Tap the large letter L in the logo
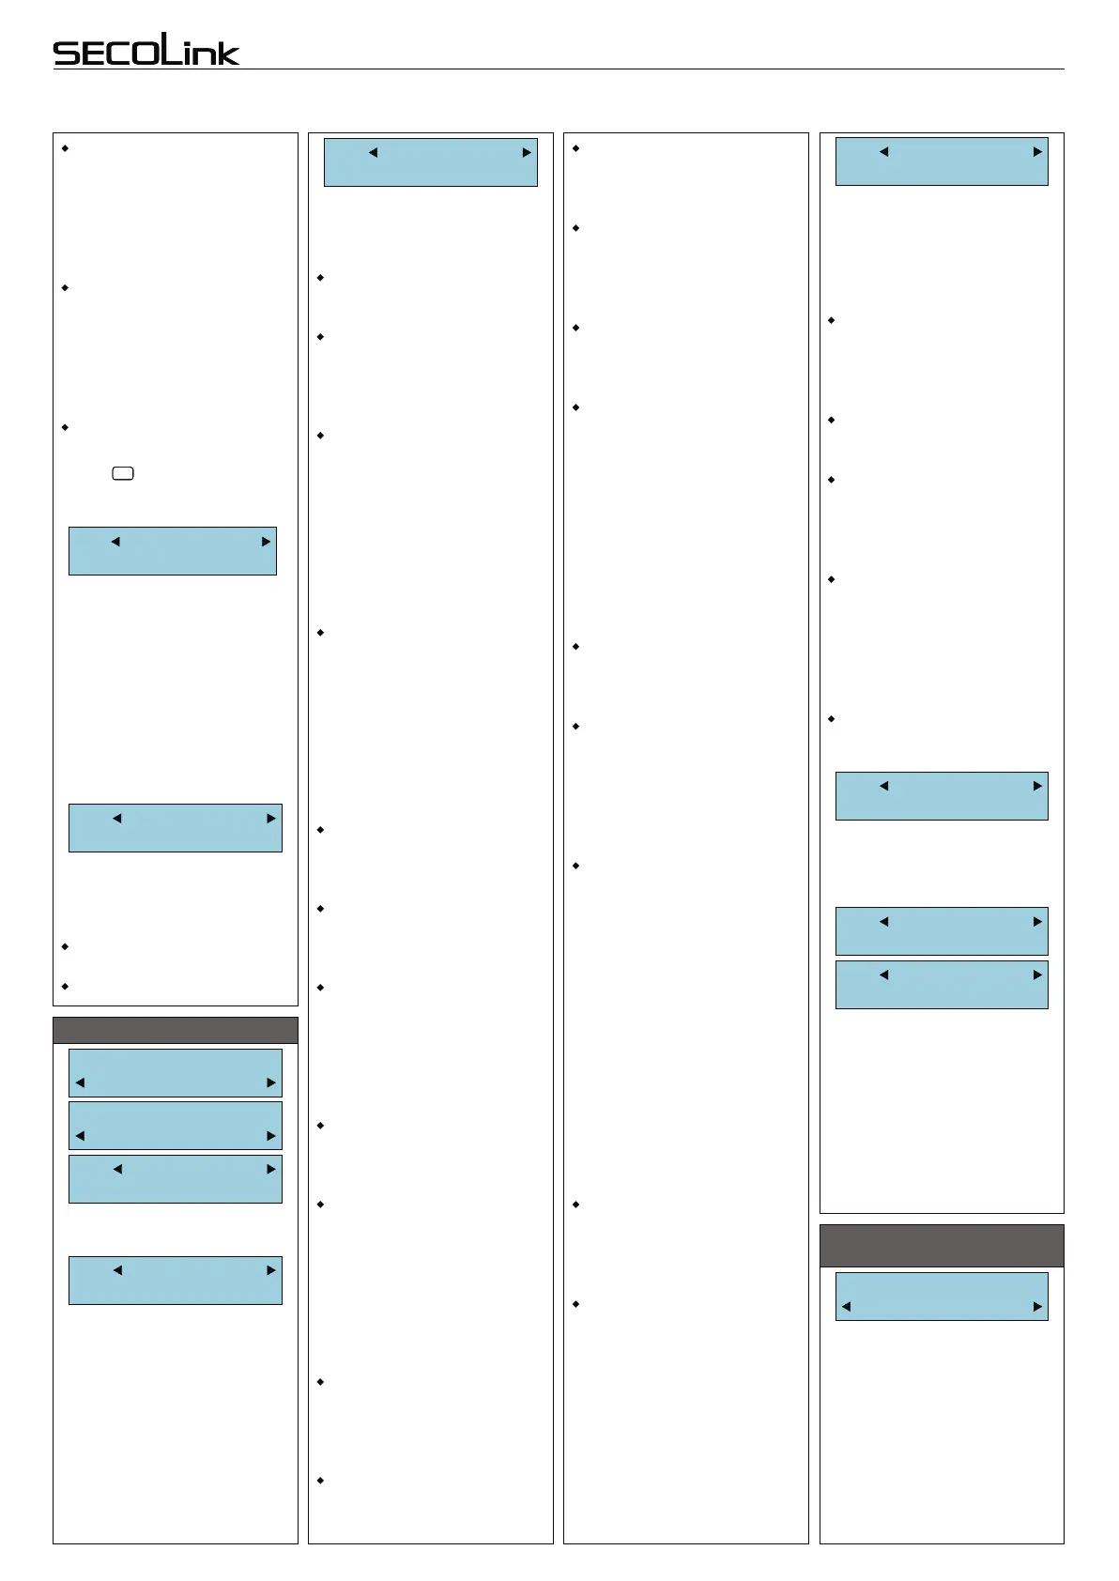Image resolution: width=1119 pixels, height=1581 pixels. pyautogui.click(x=170, y=48)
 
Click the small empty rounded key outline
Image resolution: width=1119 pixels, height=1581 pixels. pyautogui.click(x=123, y=473)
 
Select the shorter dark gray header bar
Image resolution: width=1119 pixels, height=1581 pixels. pyautogui.click(x=176, y=1030)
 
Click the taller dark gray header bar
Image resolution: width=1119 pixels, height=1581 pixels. pyautogui.click(x=942, y=1246)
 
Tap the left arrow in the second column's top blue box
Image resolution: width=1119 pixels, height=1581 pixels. pyautogui.click(x=373, y=152)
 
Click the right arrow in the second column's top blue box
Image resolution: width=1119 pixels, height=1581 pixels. pyautogui.click(x=527, y=152)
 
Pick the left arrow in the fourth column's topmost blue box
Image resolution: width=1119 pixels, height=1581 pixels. pyautogui.click(x=883, y=151)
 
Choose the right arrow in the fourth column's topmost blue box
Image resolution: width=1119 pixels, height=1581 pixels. pyautogui.click(x=1037, y=151)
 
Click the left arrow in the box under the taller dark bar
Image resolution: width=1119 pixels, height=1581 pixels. pyautogui.click(x=846, y=1306)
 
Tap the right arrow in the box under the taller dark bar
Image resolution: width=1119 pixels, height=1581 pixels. pyautogui.click(x=1037, y=1306)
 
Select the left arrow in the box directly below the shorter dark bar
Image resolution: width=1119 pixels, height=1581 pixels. pyautogui.click(x=80, y=1082)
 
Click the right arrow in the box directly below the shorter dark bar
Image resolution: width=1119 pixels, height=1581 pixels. pyautogui.click(x=271, y=1082)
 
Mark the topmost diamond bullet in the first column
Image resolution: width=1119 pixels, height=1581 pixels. pyautogui.click(x=65, y=148)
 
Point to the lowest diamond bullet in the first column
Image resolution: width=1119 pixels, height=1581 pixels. pyautogui.click(x=65, y=987)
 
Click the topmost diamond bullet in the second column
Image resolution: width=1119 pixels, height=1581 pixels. pyautogui.click(x=321, y=278)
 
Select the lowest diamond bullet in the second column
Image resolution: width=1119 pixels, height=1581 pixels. pyautogui.click(x=321, y=1481)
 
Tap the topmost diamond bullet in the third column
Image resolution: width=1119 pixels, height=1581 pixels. pyautogui.click(x=575, y=148)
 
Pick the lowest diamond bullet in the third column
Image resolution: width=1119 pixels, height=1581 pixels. pyautogui.click(x=575, y=1304)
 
